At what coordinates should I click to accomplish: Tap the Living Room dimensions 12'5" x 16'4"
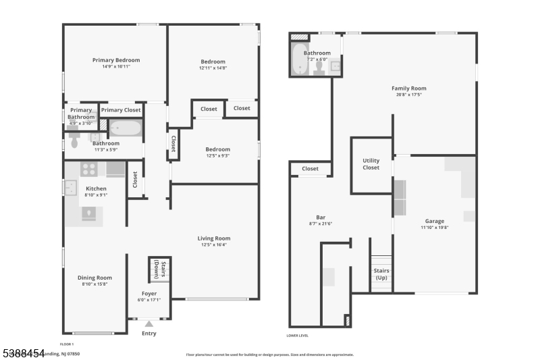(x=213, y=245)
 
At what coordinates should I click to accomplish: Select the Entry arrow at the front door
(x=148, y=324)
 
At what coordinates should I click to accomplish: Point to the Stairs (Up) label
(x=381, y=274)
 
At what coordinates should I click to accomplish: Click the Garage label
(x=434, y=221)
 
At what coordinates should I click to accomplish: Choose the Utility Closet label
(x=371, y=164)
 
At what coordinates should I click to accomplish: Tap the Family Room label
(x=409, y=88)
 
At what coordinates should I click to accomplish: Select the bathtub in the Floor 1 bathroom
(x=126, y=128)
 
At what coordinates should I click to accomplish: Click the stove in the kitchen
(x=89, y=169)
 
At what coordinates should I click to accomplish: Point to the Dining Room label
(x=94, y=278)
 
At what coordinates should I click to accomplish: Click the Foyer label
(x=149, y=294)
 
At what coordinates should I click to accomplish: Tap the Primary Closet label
(x=121, y=110)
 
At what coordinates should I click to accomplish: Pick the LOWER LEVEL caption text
(x=298, y=335)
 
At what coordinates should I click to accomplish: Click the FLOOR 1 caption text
(x=67, y=344)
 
